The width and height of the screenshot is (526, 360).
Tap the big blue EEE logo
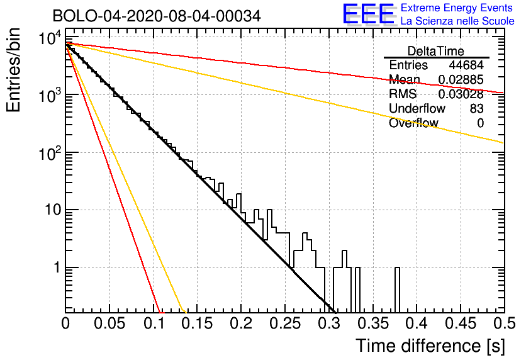point(369,14)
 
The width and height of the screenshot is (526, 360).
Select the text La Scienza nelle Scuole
point(457,21)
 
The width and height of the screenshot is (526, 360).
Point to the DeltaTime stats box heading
point(436,51)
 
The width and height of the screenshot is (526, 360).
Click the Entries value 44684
point(466,65)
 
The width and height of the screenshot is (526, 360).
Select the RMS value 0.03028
point(461,94)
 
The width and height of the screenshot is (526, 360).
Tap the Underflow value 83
point(476,109)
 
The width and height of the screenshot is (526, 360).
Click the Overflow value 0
point(480,123)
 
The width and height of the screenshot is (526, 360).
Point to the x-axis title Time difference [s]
point(430,346)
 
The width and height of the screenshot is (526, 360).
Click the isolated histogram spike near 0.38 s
point(397,290)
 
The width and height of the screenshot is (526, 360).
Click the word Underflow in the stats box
point(417,109)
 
